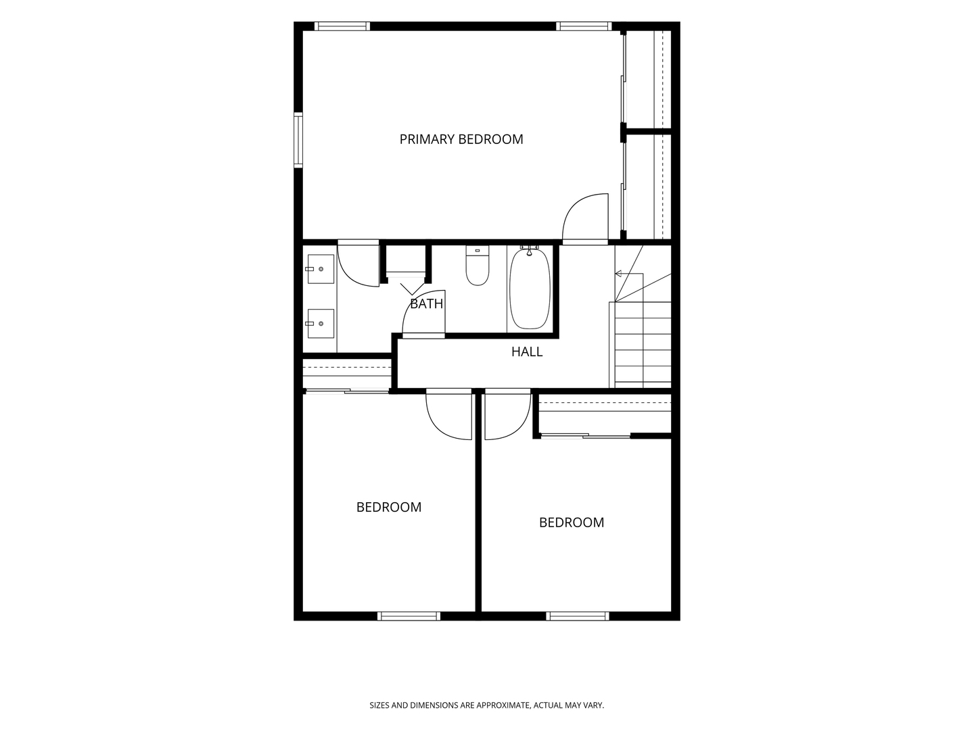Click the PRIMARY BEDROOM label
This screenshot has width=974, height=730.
coord(461,139)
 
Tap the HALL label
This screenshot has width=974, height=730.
coord(527,351)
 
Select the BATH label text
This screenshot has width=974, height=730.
coord(426,303)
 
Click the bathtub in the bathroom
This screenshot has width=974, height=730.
coord(530,289)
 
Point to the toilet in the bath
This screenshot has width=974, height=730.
coord(478,265)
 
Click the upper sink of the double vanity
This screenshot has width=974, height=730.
coord(321,269)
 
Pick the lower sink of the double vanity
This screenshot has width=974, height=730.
coord(321,324)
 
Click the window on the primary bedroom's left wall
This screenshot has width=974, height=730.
coord(299,140)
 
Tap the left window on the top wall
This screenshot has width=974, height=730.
coord(342,26)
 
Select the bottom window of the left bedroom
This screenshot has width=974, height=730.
coord(409,616)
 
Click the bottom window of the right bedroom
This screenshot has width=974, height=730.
coord(578,616)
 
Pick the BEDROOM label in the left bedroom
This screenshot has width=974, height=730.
coord(389,507)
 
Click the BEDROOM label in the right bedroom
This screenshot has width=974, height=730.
coord(572,522)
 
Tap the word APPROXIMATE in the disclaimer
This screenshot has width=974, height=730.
coord(503,705)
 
